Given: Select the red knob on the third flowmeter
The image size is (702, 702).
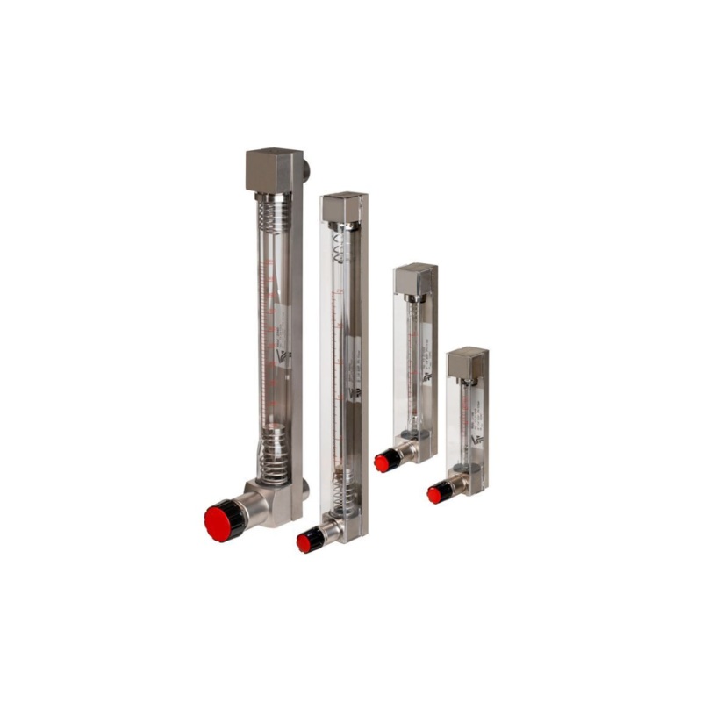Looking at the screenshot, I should pos(383,462).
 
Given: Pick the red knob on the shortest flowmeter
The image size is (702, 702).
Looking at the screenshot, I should pos(435,495).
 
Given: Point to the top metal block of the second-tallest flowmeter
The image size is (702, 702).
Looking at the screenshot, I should pos(342,207).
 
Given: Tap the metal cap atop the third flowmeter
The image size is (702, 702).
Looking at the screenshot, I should pos(413,279).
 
